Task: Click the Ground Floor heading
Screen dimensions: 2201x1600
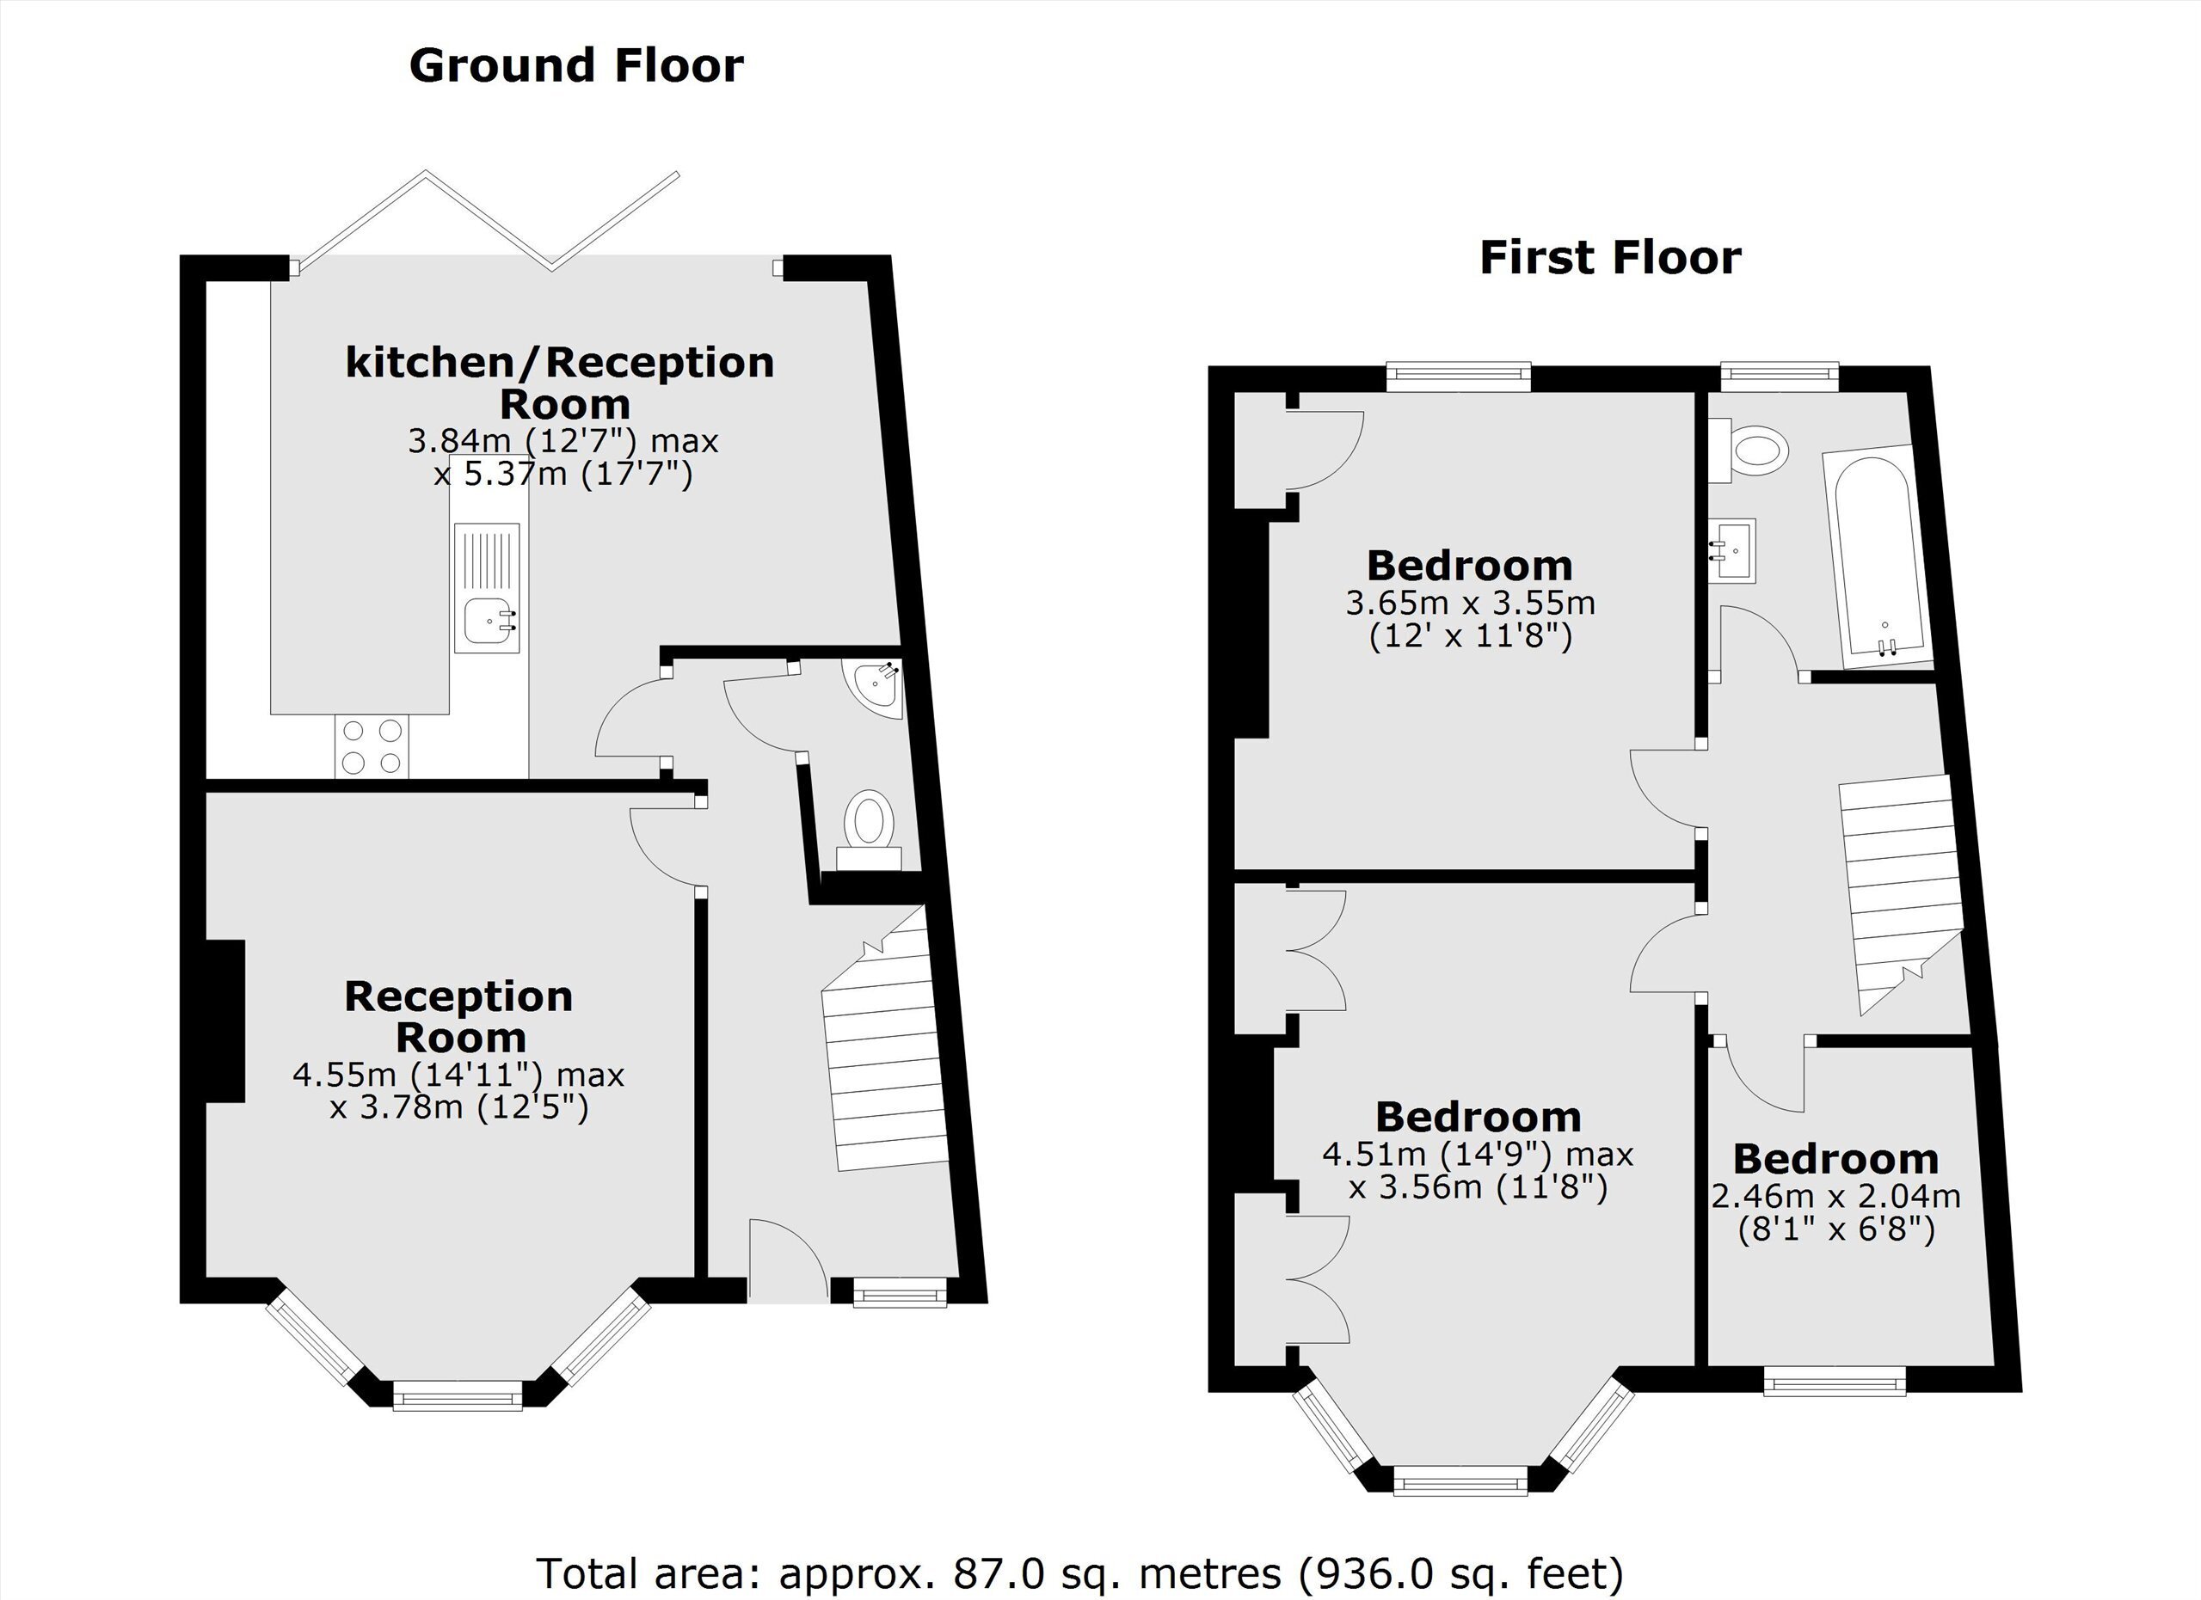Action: (576, 66)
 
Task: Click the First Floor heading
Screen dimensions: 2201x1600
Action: (1610, 258)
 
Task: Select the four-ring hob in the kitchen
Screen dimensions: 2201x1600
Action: (372, 746)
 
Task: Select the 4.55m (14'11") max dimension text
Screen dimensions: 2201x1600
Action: (458, 1075)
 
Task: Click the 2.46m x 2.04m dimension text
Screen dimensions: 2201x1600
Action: (1836, 1197)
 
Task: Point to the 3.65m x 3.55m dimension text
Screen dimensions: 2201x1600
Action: (1470, 604)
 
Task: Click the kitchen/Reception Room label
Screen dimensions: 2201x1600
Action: (561, 383)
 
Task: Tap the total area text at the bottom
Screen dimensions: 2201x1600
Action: (1079, 1572)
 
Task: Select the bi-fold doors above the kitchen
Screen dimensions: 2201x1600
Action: (489, 221)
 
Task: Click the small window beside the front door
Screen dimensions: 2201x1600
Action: (900, 1291)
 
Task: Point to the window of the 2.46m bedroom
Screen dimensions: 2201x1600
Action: (1834, 1381)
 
